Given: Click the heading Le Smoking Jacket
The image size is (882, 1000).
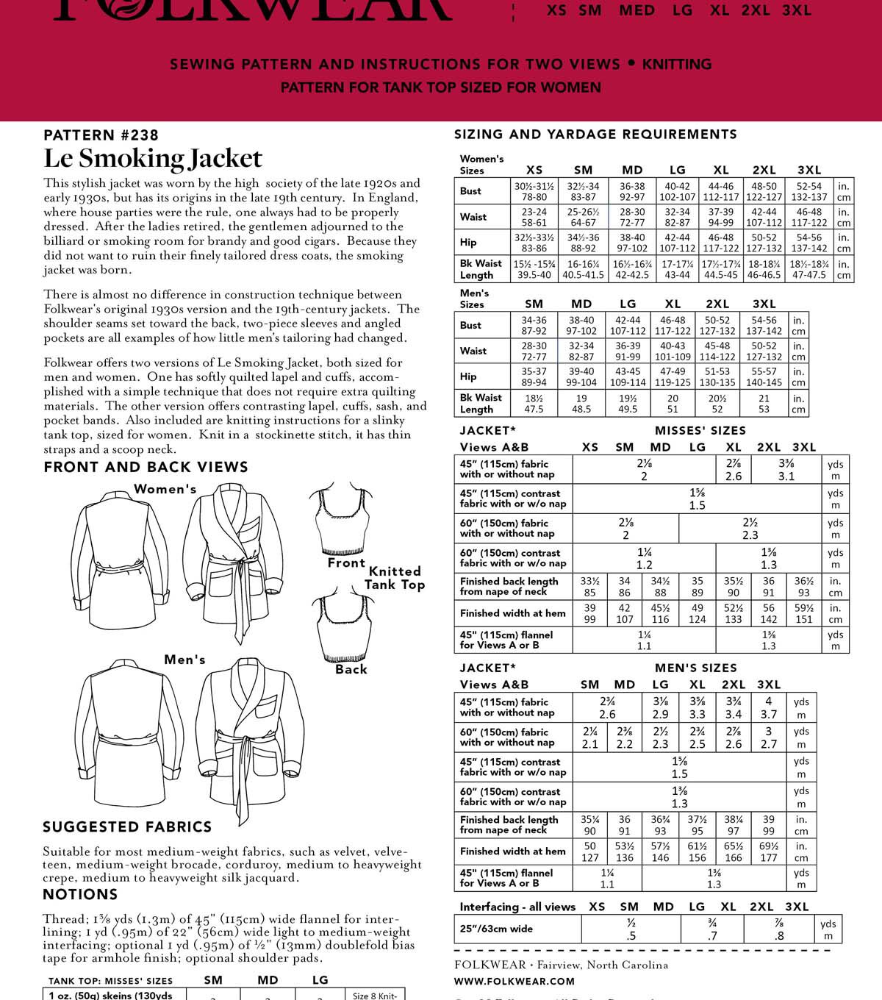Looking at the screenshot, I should point(153,159).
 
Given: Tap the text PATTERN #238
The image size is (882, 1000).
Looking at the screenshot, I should point(101,135).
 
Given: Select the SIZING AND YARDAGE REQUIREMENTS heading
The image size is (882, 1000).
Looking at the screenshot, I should point(595,134).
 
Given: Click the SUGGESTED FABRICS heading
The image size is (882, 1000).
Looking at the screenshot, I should point(127,826).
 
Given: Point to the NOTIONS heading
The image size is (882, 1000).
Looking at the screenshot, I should point(80,894).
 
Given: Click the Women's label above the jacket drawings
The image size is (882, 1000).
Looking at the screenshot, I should point(165,489).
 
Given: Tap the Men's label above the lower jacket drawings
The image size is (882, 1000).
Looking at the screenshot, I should point(184,660).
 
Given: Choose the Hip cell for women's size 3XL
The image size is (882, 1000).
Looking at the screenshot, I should point(809,243).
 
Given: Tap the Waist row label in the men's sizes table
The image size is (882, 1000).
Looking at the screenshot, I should point(473,351).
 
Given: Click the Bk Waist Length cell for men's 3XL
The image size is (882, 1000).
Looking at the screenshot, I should point(764,403).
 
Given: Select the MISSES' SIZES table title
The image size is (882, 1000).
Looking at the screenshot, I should point(700,430).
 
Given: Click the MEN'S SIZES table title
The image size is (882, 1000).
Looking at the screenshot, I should point(695,668).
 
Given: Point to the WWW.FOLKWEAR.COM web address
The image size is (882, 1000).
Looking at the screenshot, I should point(514,981).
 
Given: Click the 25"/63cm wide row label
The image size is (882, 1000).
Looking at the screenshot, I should point(496,929).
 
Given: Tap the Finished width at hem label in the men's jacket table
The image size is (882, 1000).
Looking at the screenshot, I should point(513,851).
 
